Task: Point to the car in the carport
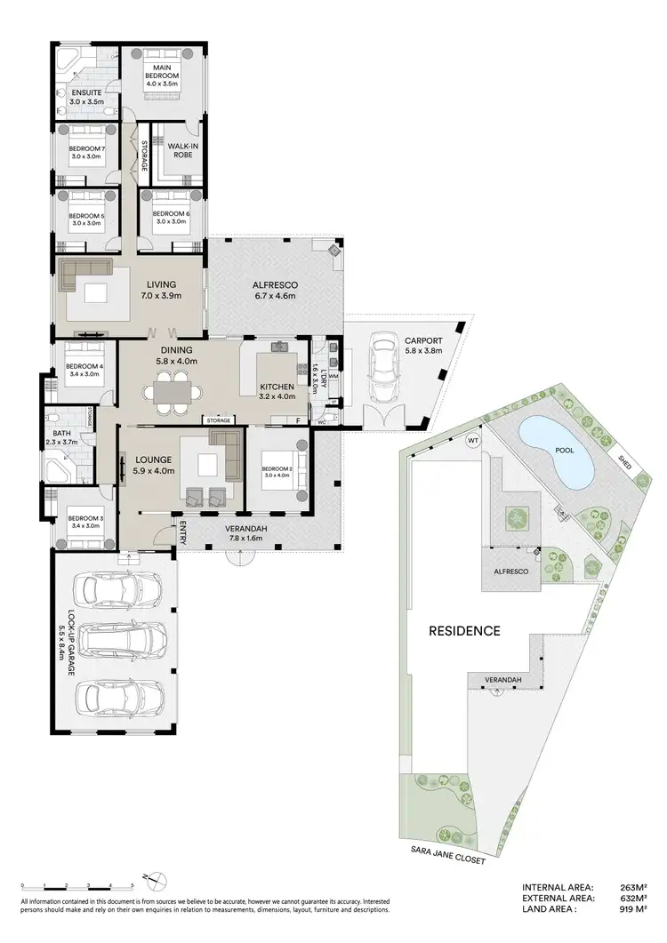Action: click(384, 368)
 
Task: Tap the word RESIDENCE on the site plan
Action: click(464, 631)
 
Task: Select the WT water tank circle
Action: click(473, 440)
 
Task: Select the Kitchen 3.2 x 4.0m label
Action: click(276, 391)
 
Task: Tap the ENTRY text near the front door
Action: click(183, 534)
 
